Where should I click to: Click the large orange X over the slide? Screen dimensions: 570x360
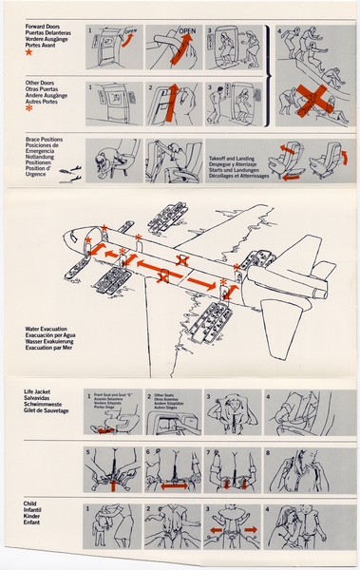[x=310, y=97]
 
